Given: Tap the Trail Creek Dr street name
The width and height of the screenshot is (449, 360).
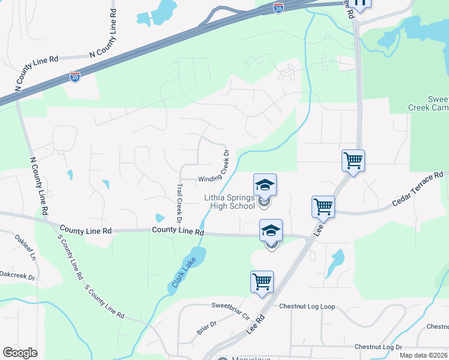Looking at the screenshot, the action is [x=179, y=203].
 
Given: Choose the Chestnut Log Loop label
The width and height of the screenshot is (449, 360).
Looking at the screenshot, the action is [x=307, y=306].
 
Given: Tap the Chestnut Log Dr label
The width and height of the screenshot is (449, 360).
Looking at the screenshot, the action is [x=378, y=347].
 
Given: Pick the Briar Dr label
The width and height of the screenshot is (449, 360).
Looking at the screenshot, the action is [x=206, y=328].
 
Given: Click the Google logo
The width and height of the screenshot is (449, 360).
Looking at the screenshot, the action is [x=20, y=353].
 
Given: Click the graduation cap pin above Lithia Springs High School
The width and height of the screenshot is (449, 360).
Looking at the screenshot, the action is [x=265, y=184].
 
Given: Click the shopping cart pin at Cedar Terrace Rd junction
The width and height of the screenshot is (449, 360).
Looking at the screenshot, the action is [x=323, y=206].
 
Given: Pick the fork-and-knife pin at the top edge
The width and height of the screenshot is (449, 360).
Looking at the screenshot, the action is [x=360, y=4].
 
